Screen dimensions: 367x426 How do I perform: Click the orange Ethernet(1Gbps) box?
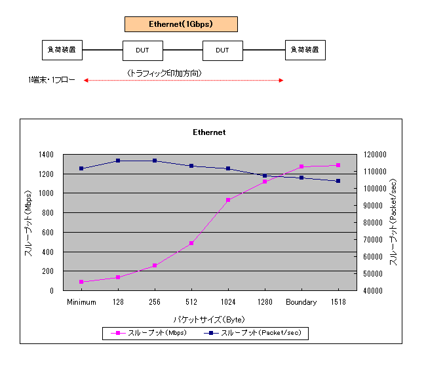coord(181,24)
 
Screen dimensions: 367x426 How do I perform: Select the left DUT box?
coord(142,50)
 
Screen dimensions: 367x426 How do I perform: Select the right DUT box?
coord(222,50)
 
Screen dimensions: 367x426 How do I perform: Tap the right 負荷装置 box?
coord(305,50)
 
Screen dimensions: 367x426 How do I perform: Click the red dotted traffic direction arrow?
coord(183,81)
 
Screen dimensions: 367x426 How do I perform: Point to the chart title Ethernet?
coord(209,132)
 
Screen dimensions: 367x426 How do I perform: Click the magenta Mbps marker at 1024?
coord(228,200)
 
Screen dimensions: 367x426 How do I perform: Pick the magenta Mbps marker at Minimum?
coord(81,282)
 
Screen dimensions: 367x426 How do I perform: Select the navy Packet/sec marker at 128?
coord(118,161)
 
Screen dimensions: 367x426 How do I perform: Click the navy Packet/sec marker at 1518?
coord(338,181)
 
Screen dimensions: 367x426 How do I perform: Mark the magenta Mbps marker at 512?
coord(191,243)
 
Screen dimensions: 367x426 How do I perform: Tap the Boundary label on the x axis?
coord(301,302)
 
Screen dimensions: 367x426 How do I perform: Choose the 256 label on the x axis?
coord(155,302)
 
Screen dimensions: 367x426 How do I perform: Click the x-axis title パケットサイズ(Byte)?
coord(209,319)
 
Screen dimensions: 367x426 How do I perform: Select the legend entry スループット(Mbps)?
coord(151,333)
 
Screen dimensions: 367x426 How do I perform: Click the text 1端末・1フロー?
coord(52,81)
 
